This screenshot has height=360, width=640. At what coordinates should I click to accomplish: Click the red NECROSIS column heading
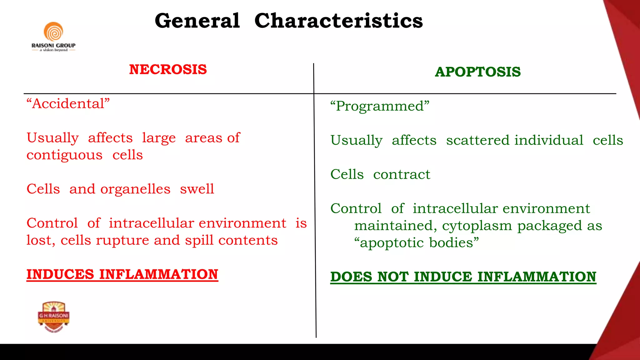[168, 69]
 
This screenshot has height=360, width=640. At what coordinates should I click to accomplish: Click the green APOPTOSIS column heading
[477, 72]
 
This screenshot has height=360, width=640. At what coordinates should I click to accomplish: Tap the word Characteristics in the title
[338, 21]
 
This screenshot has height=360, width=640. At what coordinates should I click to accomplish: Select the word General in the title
[197, 21]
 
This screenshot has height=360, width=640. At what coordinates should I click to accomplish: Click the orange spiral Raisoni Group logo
[53, 32]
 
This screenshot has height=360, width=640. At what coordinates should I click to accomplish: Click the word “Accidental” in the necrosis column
[68, 103]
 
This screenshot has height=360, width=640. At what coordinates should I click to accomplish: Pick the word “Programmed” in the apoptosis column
[380, 106]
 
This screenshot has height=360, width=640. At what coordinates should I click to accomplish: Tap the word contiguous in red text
[64, 155]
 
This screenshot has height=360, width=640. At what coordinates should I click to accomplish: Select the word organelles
[135, 189]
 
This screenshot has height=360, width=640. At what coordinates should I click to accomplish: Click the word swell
[197, 189]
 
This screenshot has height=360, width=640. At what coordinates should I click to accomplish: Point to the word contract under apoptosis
[402, 174]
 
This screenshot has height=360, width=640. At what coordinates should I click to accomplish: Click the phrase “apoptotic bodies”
[416, 242]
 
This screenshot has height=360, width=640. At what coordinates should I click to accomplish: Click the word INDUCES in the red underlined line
[60, 274]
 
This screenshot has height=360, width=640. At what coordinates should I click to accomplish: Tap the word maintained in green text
[393, 226]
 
